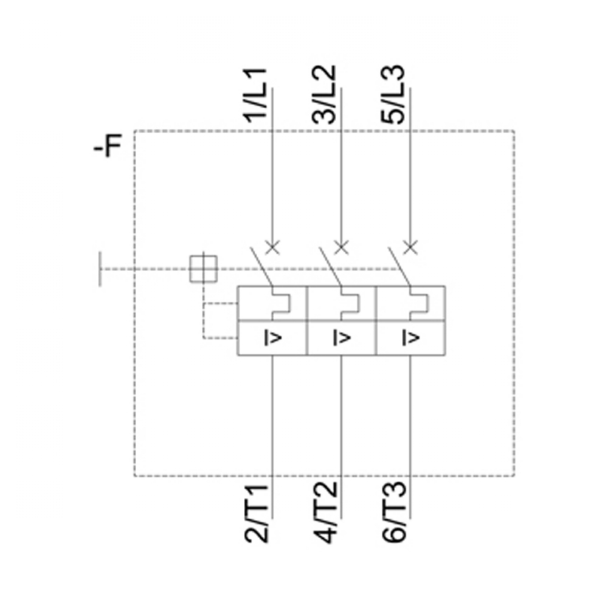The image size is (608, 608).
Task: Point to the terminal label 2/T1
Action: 257,513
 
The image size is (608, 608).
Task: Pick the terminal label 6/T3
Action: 395,513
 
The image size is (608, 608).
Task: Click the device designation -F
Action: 108,146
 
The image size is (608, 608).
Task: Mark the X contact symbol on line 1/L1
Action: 272,246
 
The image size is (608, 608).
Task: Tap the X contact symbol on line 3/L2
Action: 342,246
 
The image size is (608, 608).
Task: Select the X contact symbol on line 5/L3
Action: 411,246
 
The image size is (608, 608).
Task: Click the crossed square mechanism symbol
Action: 203,268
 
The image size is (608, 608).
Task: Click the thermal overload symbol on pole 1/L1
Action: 281,303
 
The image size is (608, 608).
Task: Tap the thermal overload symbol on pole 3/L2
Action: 350,303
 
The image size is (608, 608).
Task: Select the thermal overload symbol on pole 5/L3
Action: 420,303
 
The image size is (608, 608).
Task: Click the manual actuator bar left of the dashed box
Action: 100,268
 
